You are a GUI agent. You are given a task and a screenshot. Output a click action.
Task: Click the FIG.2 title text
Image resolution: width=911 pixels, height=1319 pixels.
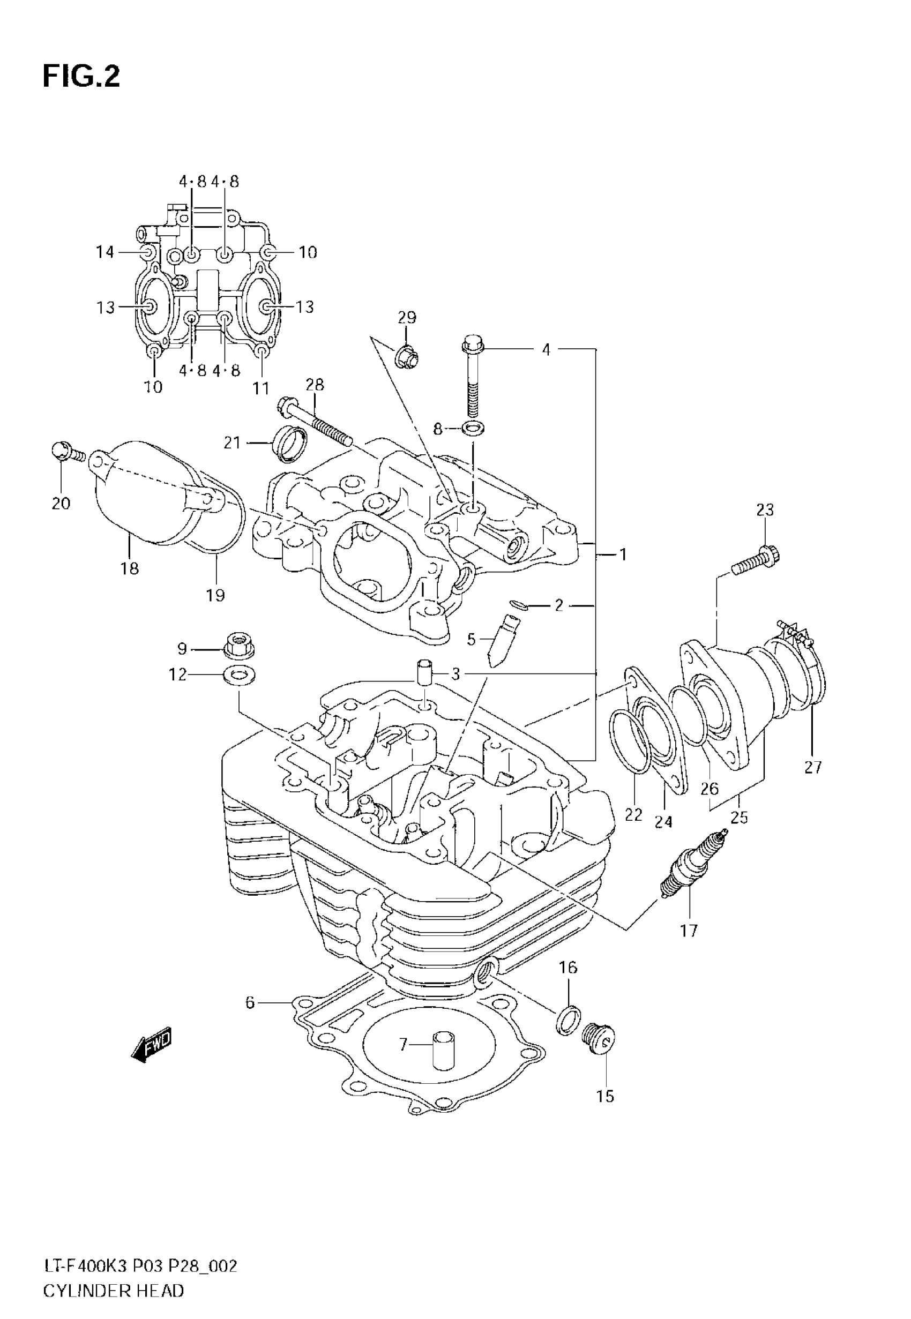(81, 77)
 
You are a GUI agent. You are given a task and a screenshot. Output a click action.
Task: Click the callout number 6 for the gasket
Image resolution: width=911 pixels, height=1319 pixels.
(249, 1002)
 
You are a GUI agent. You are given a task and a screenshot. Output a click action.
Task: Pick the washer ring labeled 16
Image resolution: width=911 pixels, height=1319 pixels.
(569, 1021)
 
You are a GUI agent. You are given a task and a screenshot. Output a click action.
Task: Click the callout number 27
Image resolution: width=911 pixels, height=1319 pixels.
(813, 767)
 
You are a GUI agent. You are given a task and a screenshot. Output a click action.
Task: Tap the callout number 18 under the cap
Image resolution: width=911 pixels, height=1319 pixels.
(130, 568)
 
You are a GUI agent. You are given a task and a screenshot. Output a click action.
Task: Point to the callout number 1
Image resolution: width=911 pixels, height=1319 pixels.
(623, 554)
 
